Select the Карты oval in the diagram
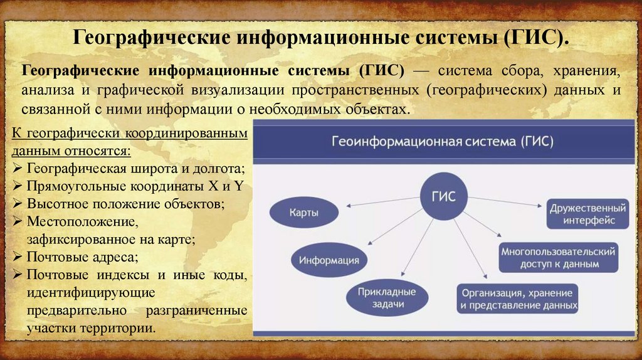(x=303, y=213)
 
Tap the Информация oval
(x=329, y=260)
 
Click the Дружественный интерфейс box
(x=587, y=213)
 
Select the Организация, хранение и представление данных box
(x=517, y=299)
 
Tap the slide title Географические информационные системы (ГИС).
(x=321, y=36)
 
